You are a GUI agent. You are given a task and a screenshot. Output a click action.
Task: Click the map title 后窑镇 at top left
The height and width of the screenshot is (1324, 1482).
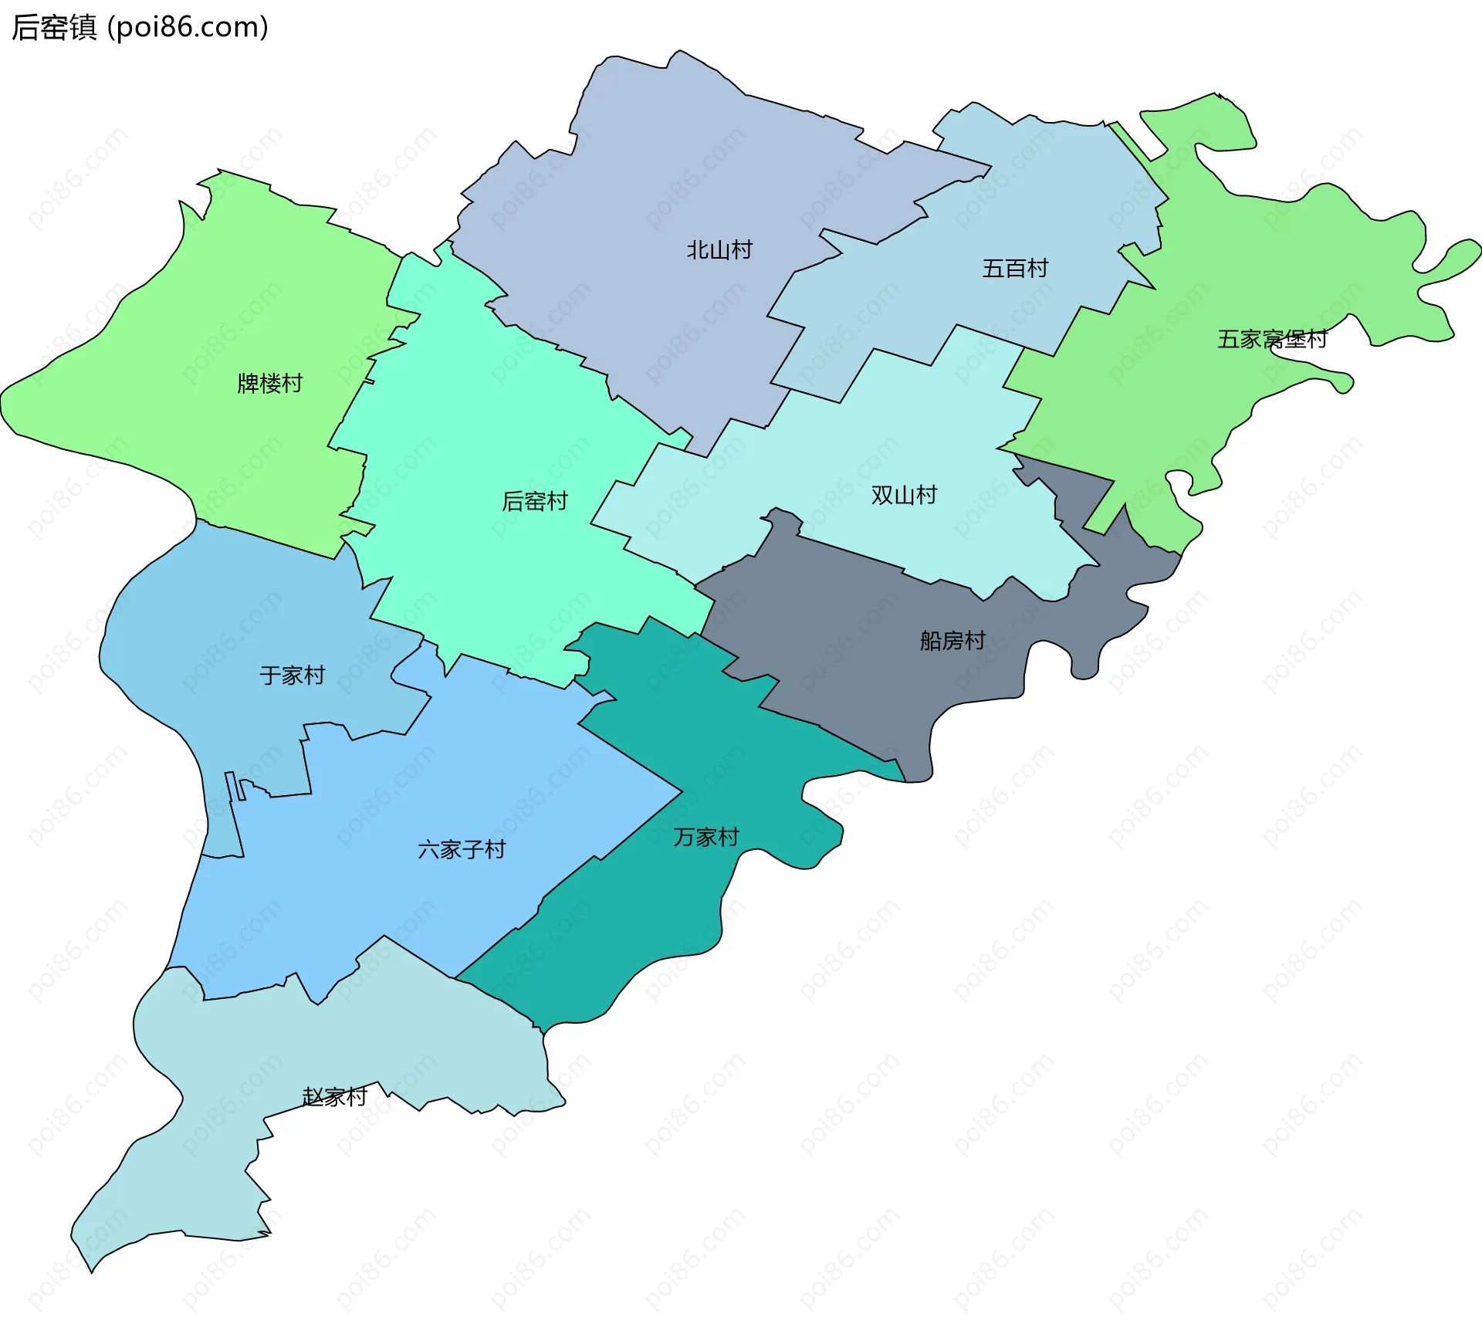point(54,28)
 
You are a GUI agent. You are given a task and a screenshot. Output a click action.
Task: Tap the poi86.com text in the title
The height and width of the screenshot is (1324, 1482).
point(188,28)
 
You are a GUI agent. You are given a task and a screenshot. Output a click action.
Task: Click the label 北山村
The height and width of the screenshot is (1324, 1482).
point(719,250)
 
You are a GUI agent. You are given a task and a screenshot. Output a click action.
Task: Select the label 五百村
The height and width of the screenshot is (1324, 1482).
point(1014,269)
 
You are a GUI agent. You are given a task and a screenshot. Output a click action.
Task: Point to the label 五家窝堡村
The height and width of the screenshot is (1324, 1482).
point(1271,339)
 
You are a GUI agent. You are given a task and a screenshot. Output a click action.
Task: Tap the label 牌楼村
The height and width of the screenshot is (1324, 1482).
point(269,384)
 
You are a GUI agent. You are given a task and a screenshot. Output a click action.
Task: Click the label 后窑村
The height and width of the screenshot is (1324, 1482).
point(534,502)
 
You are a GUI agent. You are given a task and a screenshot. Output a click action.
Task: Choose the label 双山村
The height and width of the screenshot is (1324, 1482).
point(903,496)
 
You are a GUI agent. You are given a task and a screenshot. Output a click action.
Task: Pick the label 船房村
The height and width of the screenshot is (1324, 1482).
point(952,641)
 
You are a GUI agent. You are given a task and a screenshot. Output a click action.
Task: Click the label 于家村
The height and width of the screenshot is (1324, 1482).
point(292,676)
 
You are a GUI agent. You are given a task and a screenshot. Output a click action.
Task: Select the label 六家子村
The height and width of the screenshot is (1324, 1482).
point(461,850)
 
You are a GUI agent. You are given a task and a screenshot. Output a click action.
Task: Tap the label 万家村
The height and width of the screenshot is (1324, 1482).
point(705,838)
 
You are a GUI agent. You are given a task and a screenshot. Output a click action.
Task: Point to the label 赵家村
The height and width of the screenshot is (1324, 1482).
point(334,1097)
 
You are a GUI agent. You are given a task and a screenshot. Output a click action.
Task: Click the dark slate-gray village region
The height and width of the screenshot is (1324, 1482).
point(849,656)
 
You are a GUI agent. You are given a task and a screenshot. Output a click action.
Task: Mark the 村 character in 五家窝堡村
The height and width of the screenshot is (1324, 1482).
point(1316,339)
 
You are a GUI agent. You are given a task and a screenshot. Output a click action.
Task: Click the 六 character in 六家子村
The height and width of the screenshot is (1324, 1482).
point(428,850)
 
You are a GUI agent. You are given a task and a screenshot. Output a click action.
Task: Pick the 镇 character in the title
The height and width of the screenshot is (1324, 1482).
point(83,28)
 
